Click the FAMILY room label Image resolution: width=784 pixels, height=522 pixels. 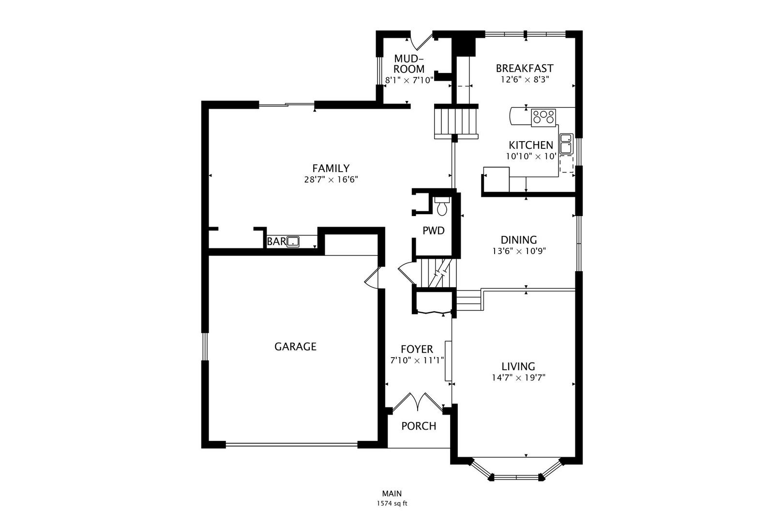(331, 169)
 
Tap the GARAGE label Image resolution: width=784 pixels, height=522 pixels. (295, 347)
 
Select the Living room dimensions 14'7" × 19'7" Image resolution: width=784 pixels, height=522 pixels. (519, 377)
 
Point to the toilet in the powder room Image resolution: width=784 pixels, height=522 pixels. (442, 206)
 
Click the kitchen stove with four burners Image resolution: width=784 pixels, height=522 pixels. (543, 117)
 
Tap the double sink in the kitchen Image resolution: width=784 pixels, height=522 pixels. (566, 144)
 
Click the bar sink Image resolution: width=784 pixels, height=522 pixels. (293, 242)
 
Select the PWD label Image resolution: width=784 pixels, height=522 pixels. (434, 231)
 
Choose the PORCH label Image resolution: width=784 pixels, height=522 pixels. (419, 426)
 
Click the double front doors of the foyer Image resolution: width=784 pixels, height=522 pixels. (418, 402)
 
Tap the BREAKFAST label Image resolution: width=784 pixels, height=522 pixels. (525, 68)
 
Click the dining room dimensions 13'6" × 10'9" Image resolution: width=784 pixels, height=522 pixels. (519, 251)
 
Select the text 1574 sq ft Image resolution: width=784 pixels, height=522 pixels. (392, 504)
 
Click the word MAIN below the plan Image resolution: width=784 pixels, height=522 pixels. (392, 493)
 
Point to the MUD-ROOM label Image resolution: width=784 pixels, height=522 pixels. (409, 63)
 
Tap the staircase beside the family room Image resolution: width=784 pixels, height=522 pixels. (456, 121)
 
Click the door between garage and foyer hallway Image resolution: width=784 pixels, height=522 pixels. (372, 278)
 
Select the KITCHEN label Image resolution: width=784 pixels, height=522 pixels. (530, 145)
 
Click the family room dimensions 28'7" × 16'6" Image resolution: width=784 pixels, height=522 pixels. (331, 180)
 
